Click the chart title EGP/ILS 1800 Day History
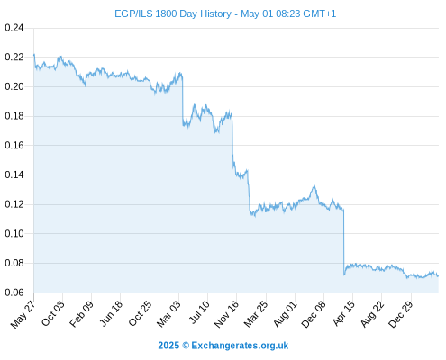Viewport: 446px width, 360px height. pos(173,13)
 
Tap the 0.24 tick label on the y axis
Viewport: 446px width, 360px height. pos(14,28)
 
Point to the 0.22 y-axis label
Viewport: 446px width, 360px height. pos(14,57)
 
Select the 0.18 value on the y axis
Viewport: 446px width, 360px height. pos(14,116)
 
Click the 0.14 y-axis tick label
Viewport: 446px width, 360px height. pos(14,175)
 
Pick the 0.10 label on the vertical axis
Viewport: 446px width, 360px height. pos(14,233)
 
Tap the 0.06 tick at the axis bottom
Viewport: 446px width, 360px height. pos(14,292)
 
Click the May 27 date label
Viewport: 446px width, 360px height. pos(23,314)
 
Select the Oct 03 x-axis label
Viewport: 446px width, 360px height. pos(53,313)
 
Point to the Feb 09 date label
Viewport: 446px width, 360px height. pos(81,313)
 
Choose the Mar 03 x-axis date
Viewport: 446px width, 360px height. pos(168,313)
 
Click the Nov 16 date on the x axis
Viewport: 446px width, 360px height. pos(226,313)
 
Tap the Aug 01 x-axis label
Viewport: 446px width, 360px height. pos(286,313)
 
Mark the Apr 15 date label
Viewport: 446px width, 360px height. pos(343,313)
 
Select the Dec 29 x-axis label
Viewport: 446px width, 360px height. pos(401,314)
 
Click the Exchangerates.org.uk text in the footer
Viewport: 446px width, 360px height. pos(240,346)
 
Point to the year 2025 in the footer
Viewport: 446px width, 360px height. pos(168,346)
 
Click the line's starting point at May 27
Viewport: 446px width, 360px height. pos(34,55)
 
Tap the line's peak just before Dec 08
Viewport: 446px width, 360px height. pos(314,186)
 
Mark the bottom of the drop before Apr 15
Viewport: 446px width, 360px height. pos(344,274)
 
